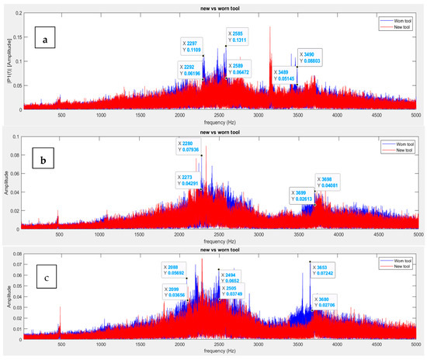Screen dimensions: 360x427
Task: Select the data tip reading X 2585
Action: tap(238, 39)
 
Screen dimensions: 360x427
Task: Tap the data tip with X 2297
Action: tap(193, 46)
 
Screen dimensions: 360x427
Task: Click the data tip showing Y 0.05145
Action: tap(283, 75)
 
